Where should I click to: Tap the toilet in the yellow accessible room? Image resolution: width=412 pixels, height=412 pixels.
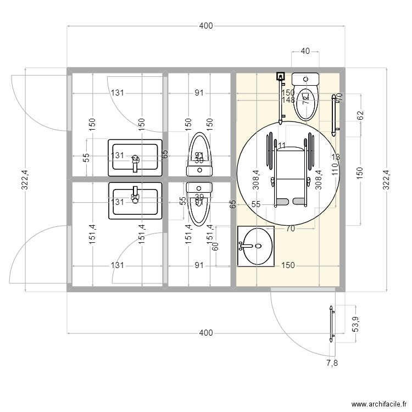pyautogui.click(x=305, y=96)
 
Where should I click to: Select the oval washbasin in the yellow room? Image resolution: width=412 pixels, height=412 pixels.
pyautogui.click(x=255, y=246)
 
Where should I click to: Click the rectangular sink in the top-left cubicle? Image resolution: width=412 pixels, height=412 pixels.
pyautogui.click(x=136, y=157)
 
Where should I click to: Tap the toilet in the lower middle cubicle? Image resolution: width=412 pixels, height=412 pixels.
pyautogui.click(x=199, y=201)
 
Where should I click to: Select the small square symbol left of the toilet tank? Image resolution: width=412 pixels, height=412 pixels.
pyautogui.click(x=281, y=77)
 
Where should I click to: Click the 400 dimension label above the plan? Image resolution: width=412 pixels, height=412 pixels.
pyautogui.click(x=206, y=26)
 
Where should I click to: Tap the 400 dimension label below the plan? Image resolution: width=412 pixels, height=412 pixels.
pyautogui.click(x=205, y=333)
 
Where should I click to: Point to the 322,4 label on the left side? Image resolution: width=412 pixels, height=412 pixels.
pyautogui.click(x=25, y=179)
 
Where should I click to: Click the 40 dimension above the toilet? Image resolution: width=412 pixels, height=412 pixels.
pyautogui.click(x=305, y=51)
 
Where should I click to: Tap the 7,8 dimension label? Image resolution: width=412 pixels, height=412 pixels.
pyautogui.click(x=332, y=363)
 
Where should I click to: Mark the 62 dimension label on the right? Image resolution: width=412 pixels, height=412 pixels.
pyautogui.click(x=360, y=116)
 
